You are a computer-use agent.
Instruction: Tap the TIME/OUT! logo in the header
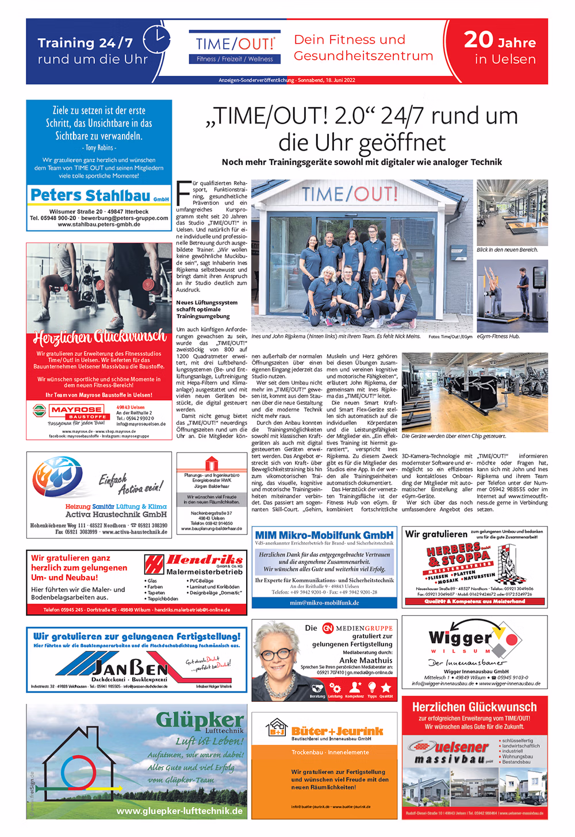pyautogui.click(x=235, y=45)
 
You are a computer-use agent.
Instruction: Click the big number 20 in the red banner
pyautogui.click(x=479, y=40)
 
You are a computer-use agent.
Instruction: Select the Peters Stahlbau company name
pyautogui.click(x=91, y=195)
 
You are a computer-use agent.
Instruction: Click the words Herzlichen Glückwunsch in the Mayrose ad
pyautogui.click(x=99, y=337)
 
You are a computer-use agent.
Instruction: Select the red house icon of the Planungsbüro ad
pyautogui.click(x=212, y=463)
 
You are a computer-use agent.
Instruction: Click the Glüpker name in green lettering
pyautogui.click(x=200, y=720)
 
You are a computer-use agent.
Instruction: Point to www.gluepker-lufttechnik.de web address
pyautogui.click(x=179, y=811)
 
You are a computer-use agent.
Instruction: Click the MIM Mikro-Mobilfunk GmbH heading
pyautogui.click(x=324, y=535)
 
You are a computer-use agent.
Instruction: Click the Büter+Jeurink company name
pyautogui.click(x=337, y=731)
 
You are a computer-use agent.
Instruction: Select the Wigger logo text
pyautogui.click(x=461, y=638)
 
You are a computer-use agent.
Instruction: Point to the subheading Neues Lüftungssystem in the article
pyautogui.click(x=206, y=302)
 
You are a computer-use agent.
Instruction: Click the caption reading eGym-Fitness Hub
pyautogui.click(x=498, y=336)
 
